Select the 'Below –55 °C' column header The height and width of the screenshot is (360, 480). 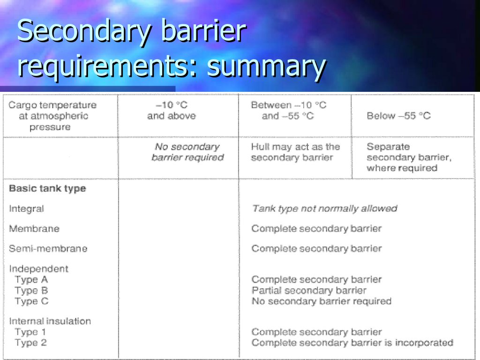click(x=398, y=116)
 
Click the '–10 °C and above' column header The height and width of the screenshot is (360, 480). click(x=171, y=111)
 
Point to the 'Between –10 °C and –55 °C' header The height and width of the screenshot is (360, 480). click(x=288, y=111)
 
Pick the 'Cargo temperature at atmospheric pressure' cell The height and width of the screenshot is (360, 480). click(x=52, y=116)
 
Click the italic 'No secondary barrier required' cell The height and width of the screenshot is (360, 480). click(x=187, y=152)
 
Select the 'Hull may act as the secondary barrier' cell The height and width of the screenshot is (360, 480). click(x=295, y=152)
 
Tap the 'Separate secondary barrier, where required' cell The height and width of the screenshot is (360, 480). click(x=409, y=157)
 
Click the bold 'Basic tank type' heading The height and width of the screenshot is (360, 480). click(x=47, y=188)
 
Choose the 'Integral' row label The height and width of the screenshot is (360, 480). click(x=26, y=209)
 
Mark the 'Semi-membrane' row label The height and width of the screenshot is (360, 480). click(x=48, y=248)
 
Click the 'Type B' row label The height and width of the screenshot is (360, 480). click(x=31, y=291)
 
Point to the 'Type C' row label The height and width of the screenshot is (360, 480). click(x=31, y=301)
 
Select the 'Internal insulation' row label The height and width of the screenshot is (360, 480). click(x=50, y=321)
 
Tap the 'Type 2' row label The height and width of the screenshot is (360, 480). click(x=30, y=343)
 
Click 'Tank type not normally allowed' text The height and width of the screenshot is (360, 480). click(x=324, y=209)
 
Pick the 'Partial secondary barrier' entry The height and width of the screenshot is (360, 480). click(x=309, y=291)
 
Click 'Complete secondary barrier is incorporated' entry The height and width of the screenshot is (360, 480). click(x=352, y=343)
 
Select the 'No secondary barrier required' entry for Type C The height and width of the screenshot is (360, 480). click(x=321, y=301)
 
